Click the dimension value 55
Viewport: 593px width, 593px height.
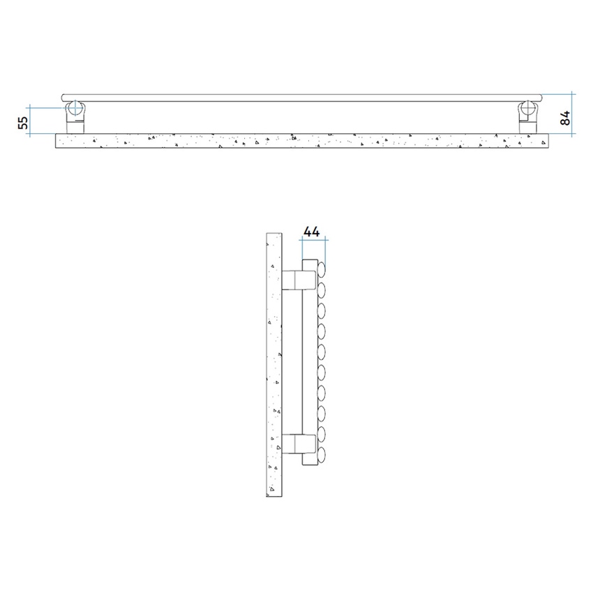tap(23, 122)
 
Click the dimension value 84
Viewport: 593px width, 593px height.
tap(566, 117)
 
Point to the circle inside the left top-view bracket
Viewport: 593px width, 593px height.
tap(75, 109)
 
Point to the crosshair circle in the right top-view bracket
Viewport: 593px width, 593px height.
tap(528, 109)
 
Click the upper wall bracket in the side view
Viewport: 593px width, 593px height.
tap(296, 280)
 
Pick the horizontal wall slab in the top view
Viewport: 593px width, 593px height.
tap(300, 142)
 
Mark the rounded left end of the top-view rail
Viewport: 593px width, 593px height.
tap(63, 98)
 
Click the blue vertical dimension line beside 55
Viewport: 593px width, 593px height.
tap(30, 119)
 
